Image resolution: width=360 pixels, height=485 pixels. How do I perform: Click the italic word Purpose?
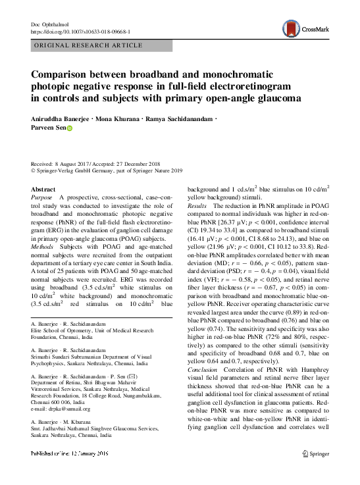click(x=41, y=197)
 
